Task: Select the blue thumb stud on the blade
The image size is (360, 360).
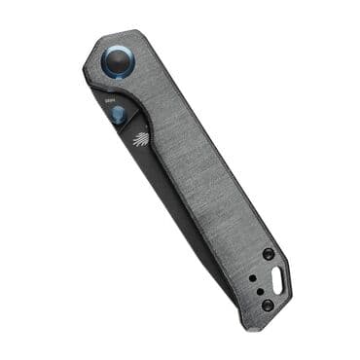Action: (x=119, y=116)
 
